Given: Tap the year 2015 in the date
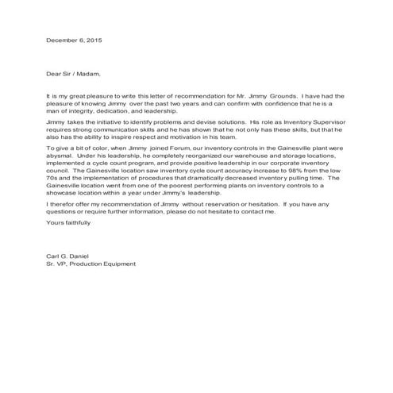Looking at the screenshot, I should click(x=94, y=40).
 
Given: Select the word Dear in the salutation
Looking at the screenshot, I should click(x=56, y=74).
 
